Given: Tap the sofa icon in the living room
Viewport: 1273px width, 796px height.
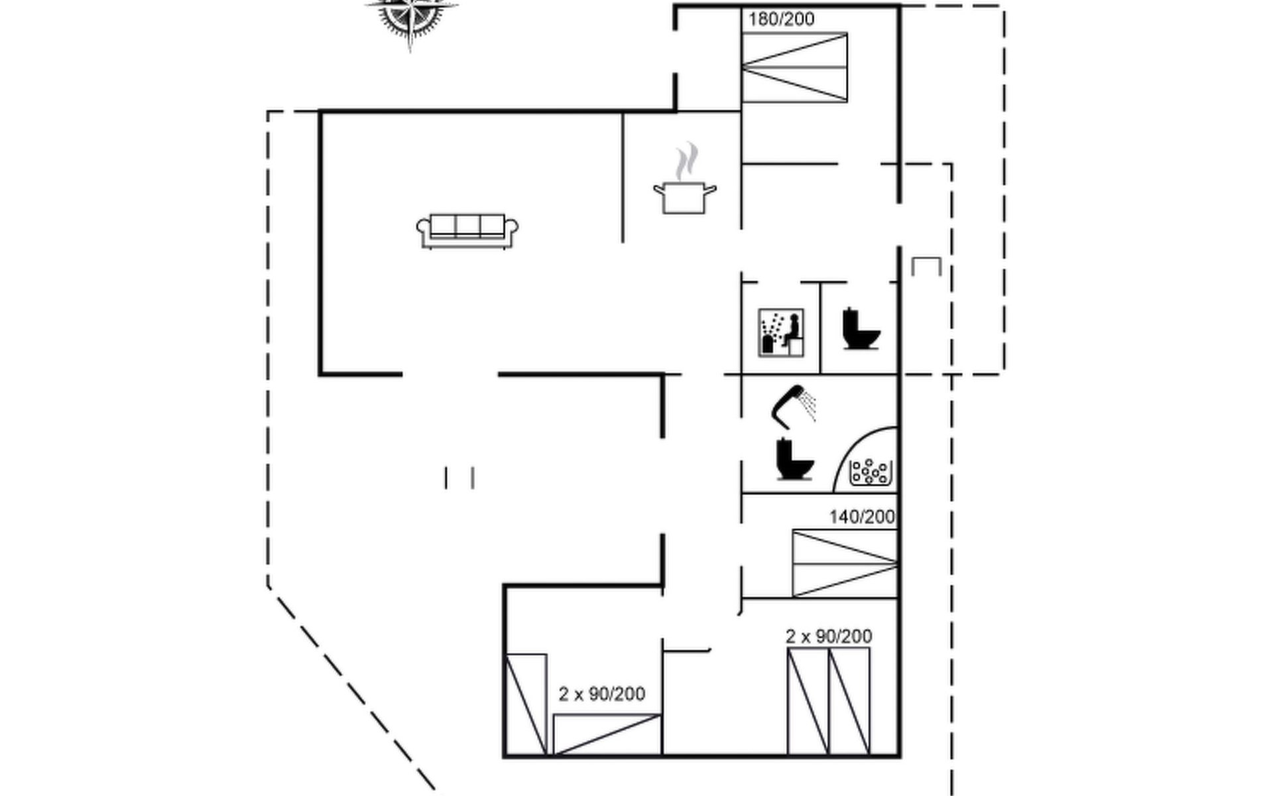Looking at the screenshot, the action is pyautogui.click(x=467, y=231).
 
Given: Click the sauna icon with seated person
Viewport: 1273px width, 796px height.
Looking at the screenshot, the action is pyautogui.click(x=781, y=332).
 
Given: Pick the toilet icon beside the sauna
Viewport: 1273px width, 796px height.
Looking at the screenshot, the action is pyautogui.click(x=861, y=328).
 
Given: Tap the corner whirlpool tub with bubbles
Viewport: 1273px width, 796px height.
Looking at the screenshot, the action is pyautogui.click(x=866, y=460).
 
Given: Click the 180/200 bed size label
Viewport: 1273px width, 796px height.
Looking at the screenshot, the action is pyautogui.click(x=781, y=19).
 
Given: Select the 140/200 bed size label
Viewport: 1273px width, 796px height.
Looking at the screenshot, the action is pyautogui.click(x=862, y=517).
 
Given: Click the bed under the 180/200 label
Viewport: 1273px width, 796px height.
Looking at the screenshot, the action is pyautogui.click(x=794, y=67).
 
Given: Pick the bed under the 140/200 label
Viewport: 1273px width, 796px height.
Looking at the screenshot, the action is pyautogui.click(x=845, y=563).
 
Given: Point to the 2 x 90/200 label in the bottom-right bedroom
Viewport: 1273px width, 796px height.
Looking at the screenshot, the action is pyautogui.click(x=829, y=637).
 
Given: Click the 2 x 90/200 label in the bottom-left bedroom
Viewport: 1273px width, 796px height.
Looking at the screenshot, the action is pyautogui.click(x=601, y=694).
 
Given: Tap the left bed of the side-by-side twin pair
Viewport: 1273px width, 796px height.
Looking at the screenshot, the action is pyautogui.click(x=808, y=701).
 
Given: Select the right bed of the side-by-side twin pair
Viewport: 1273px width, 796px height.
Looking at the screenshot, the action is pyautogui.click(x=849, y=701).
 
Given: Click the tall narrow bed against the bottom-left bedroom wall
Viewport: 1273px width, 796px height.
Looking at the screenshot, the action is pyautogui.click(x=526, y=704).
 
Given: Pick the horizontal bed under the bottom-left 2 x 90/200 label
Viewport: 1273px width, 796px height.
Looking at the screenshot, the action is pyautogui.click(x=607, y=734).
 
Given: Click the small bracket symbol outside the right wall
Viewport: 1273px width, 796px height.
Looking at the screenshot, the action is pyautogui.click(x=926, y=266).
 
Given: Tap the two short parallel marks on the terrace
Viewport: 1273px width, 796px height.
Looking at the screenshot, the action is pyautogui.click(x=459, y=478).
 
